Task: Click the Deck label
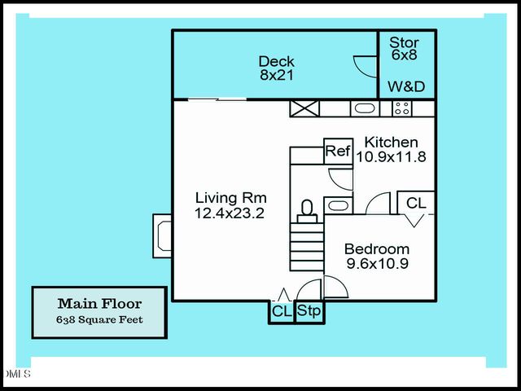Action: [276, 61]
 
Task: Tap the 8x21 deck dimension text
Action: [276, 75]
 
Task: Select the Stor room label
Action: [405, 42]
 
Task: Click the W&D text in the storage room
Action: [405, 86]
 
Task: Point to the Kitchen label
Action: [391, 143]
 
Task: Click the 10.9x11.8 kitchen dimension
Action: [392, 156]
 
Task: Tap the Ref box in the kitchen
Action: [338, 151]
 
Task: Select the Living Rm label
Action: [230, 198]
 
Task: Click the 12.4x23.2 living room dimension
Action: [230, 213]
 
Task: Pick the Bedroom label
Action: [376, 249]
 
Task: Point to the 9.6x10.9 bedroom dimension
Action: [377, 264]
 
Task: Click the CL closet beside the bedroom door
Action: [415, 202]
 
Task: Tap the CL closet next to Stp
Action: [282, 311]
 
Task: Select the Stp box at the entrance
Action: [308, 311]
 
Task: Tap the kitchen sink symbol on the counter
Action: [363, 108]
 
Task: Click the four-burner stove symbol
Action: [401, 108]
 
